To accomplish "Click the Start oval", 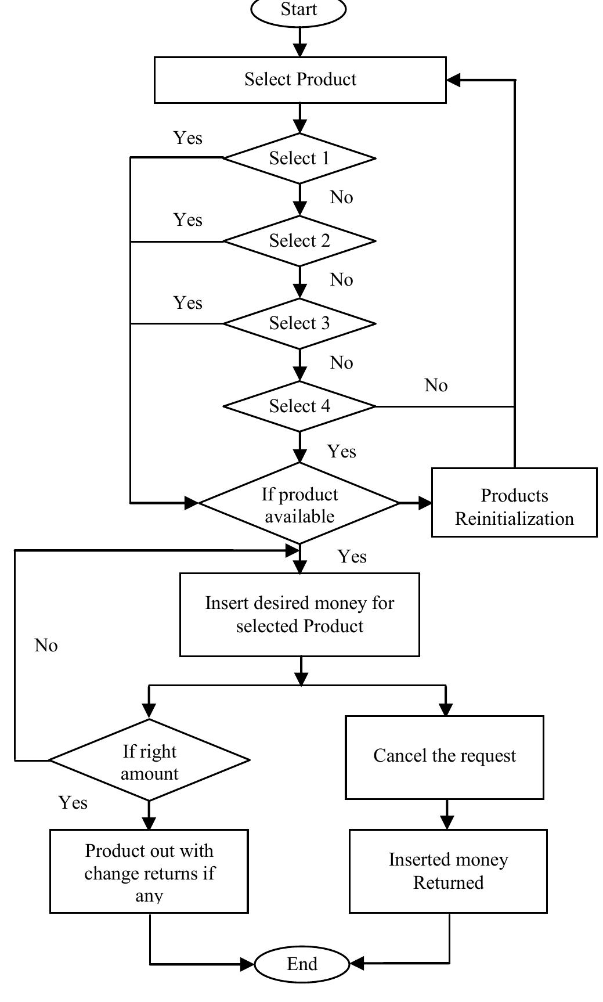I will point(298,10).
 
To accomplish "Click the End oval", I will point(302,964).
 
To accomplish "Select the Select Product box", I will point(299,80).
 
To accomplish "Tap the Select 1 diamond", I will point(299,158).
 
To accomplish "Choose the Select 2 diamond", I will point(299,240).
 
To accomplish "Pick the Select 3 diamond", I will point(299,323).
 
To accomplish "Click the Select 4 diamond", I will point(299,406).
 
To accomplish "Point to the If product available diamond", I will point(299,504).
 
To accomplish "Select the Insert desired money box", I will point(299,614).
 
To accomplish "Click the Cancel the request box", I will point(445,756).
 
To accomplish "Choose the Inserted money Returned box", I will point(448,871).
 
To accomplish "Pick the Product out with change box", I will point(149,871).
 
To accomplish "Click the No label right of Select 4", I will point(436,385).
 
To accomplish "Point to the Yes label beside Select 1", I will point(187,138).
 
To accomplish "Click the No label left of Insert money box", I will point(46,646).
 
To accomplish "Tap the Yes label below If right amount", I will point(73,802).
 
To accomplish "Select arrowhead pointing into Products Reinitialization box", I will point(425,503).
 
